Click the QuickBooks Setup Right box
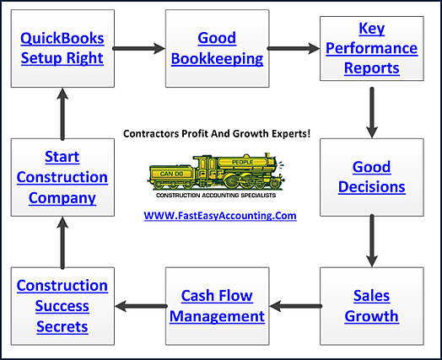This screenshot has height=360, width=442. coord(62,49)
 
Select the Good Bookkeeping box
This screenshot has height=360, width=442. coord(216,49)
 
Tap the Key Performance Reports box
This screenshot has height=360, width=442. coord(369,49)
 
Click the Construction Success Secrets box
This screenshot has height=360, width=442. coord(62,306)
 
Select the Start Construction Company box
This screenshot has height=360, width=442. coord(62,178)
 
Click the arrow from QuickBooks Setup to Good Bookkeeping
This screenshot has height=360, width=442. coord(138,49)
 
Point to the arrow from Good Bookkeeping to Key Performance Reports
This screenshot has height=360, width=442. coord(293,49)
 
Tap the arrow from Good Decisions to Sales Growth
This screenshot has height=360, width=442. coord(370,242)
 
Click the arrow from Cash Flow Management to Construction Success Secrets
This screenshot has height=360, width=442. coord(138,306)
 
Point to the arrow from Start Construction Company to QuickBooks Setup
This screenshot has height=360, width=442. coord(62,113)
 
